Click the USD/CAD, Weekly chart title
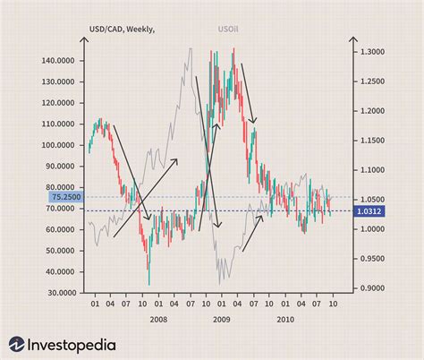click(x=120, y=30)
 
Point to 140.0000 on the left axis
click(x=58, y=61)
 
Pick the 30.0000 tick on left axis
click(x=60, y=293)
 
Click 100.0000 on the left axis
click(x=58, y=145)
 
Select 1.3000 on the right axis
click(x=372, y=52)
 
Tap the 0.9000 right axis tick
click(x=372, y=288)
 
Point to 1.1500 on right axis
click(x=372, y=141)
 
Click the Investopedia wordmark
click(x=79, y=345)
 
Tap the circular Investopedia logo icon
click(x=18, y=345)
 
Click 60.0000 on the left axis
click(x=60, y=229)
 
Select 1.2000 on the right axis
click(x=372, y=111)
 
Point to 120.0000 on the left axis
click(x=58, y=103)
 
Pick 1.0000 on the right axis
click(x=372, y=229)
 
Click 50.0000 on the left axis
click(x=60, y=251)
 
